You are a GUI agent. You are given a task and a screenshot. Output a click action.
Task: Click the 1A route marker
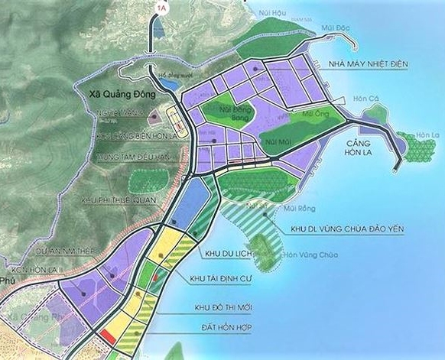point(161,8)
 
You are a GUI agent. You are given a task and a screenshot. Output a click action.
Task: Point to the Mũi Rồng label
point(294,206)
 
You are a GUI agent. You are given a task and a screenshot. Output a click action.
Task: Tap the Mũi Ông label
point(313,113)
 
